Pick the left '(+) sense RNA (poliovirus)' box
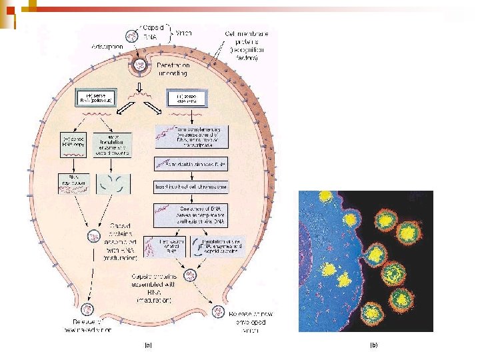coord(99,100)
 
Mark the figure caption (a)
coord(147,345)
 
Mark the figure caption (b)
coord(374,345)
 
